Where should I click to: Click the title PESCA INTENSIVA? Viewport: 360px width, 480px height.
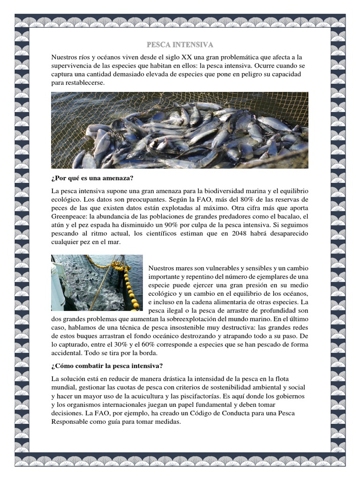[x=180, y=45]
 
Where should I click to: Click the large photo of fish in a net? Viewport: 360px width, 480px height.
[x=180, y=130]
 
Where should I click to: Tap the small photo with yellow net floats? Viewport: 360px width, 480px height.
[x=97, y=282]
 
